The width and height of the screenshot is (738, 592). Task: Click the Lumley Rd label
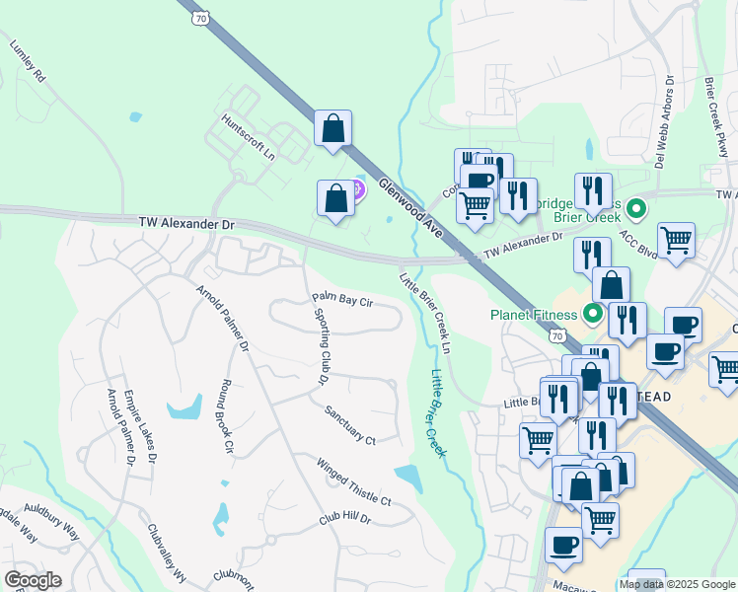[x=28, y=61]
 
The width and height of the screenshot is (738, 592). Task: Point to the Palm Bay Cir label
[x=341, y=299]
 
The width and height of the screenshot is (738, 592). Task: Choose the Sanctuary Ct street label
[x=350, y=425]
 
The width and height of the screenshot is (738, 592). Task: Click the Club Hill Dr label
[x=343, y=519]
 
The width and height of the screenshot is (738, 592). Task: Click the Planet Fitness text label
[x=534, y=316]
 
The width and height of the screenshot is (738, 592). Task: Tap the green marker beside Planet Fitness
[x=593, y=316]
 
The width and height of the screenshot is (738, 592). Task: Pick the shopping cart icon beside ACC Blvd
[x=676, y=240]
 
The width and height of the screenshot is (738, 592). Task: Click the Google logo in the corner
[x=33, y=580]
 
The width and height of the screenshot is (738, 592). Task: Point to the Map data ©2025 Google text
[x=677, y=584]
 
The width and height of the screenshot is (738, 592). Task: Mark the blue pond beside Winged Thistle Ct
[x=408, y=478]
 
